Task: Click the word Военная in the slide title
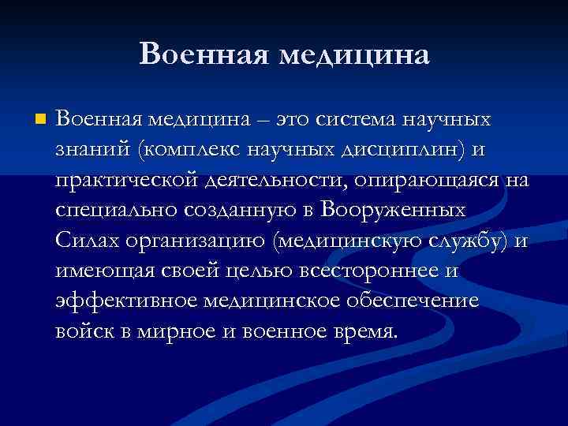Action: click(200, 54)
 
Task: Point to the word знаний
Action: click(83, 150)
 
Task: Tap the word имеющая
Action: click(98, 271)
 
